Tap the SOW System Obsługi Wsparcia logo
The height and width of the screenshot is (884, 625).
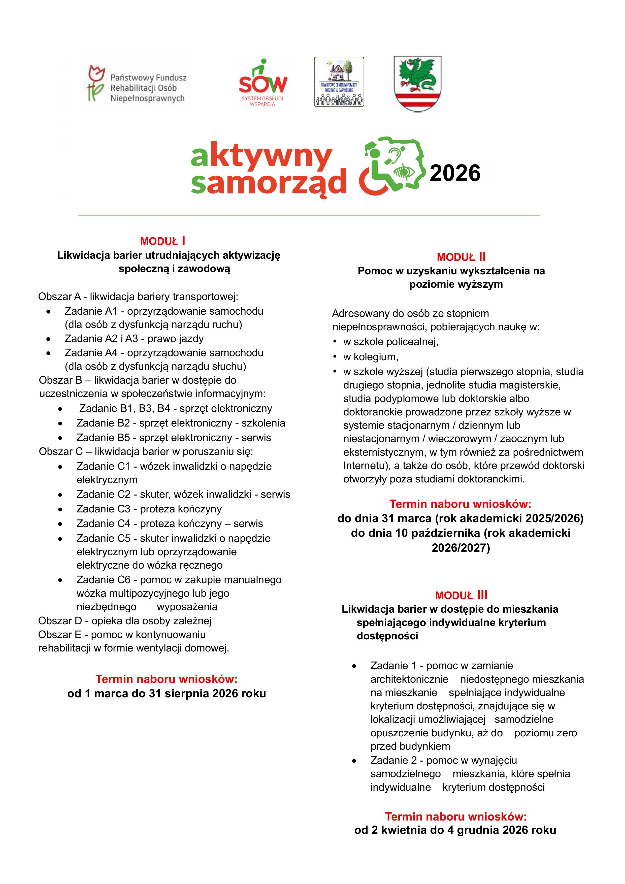(263, 83)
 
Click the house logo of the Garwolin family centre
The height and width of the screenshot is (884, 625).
(339, 82)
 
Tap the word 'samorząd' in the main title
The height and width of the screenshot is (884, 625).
(269, 182)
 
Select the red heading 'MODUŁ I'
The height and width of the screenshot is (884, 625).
(163, 241)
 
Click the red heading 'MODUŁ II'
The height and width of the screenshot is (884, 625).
(461, 257)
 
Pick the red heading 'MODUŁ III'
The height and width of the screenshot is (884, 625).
(461, 595)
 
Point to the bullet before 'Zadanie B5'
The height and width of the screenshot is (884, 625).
(60, 438)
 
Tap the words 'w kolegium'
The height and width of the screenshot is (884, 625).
(370, 357)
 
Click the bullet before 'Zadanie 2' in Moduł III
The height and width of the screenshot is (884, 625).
(354, 761)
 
